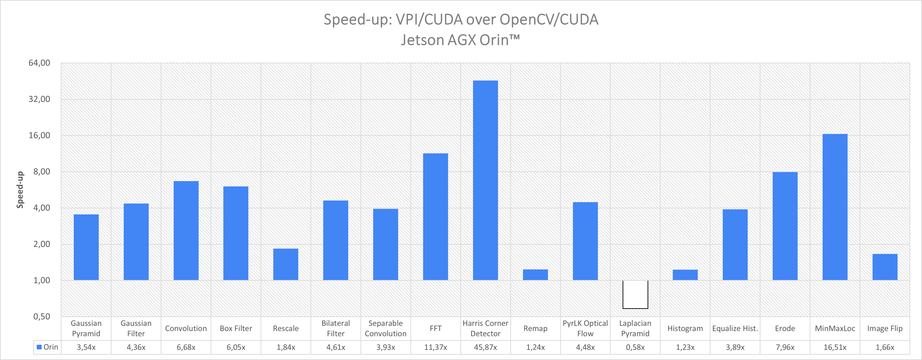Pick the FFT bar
pyautogui.click(x=436, y=216)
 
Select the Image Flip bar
pyautogui.click(x=885, y=267)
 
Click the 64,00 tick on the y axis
pyautogui.click(x=39, y=63)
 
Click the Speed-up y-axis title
pyautogui.click(x=20, y=190)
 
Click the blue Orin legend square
pyautogui.click(x=39, y=347)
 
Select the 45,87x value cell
pyautogui.click(x=485, y=347)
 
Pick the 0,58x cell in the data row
pyautogui.click(x=635, y=347)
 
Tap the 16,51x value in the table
pyautogui.click(x=835, y=347)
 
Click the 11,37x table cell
pyautogui.click(x=436, y=347)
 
